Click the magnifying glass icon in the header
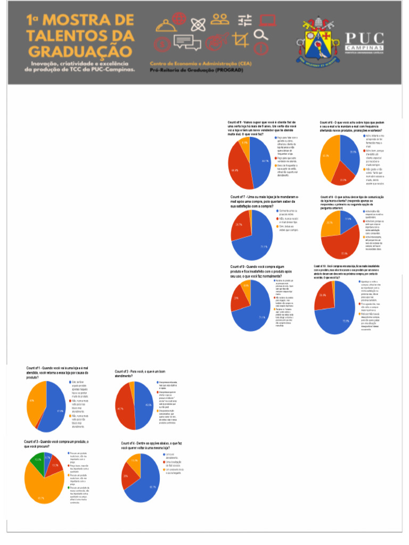[x=260, y=35]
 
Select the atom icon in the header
[x=197, y=24]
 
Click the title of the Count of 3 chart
[x=56, y=444]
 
